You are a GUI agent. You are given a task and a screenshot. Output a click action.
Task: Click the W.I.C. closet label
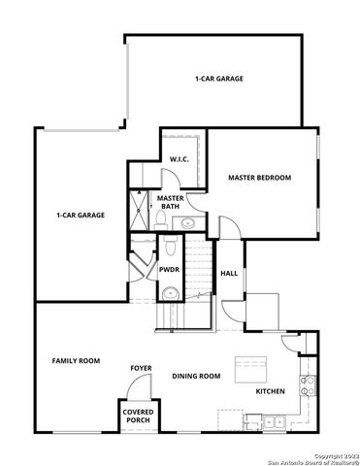pos(178,158)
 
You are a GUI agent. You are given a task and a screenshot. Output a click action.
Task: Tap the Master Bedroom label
pos(259,178)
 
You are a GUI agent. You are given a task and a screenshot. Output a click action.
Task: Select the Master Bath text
pos(170,202)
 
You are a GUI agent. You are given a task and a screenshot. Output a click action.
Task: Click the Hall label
pos(229,274)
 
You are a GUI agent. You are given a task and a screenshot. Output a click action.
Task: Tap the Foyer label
pos(142,369)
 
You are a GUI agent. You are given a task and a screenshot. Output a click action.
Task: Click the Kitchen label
pos(270,391)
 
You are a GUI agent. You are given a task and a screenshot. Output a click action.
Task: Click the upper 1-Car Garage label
pos(219,78)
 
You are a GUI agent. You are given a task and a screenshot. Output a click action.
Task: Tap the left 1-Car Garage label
pos(81,215)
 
